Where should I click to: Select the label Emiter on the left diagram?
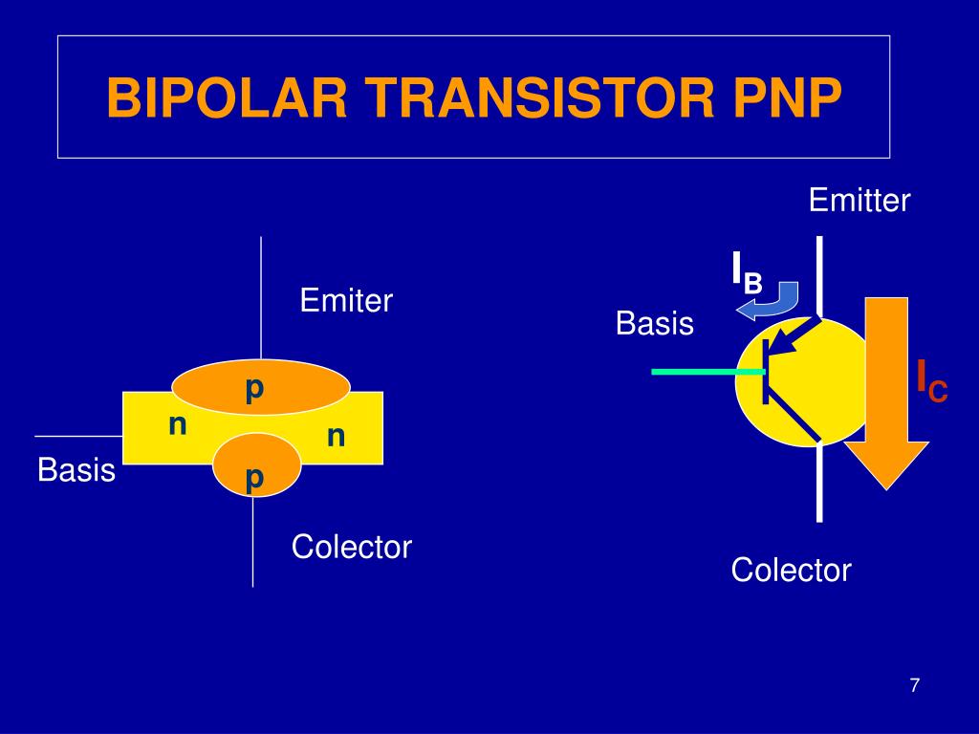pyautogui.click(x=346, y=301)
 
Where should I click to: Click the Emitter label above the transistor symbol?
pyautogui.click(x=859, y=201)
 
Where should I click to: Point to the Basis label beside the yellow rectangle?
pyautogui.click(x=76, y=470)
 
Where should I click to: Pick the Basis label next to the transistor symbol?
pyautogui.click(x=655, y=323)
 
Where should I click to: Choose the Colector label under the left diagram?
pyautogui.click(x=351, y=548)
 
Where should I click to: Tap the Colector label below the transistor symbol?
pyautogui.click(x=791, y=571)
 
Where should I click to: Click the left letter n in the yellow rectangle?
pyautogui.click(x=177, y=423)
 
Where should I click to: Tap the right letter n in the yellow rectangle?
pyautogui.click(x=336, y=436)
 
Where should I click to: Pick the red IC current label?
pyautogui.click(x=931, y=380)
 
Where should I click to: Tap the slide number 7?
pyautogui.click(x=915, y=685)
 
